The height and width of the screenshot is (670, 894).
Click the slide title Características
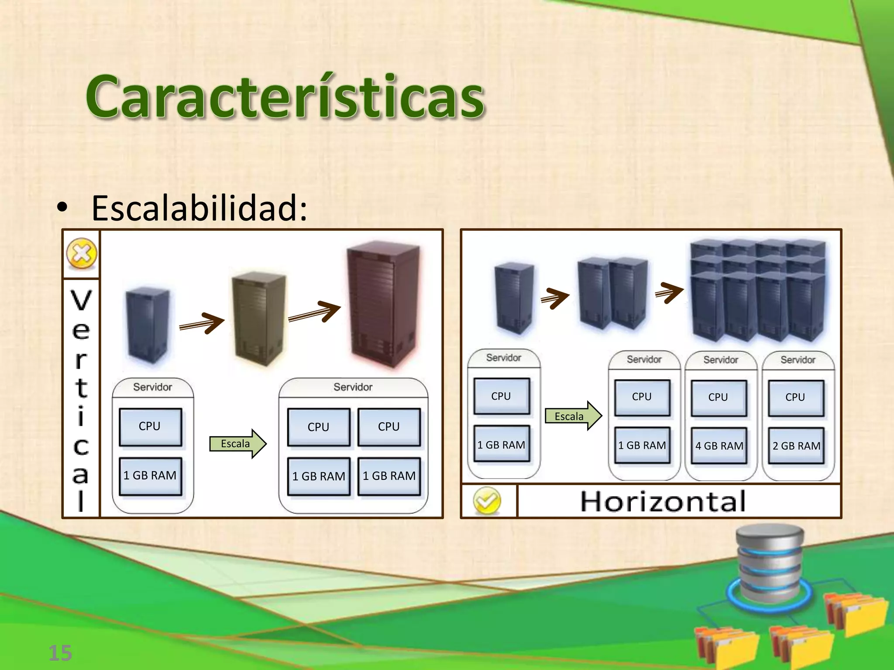pos(285,97)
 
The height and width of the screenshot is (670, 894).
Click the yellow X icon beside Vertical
pos(82,253)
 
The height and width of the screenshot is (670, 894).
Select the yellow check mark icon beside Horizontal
pos(487,501)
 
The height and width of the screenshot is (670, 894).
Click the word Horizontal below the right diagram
pos(663,502)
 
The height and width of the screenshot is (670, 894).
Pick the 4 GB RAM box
pos(719,446)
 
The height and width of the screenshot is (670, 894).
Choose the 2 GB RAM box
pos(796,446)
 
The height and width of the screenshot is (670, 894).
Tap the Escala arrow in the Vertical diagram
pos(237,444)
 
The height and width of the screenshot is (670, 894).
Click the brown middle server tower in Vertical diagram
pos(259,318)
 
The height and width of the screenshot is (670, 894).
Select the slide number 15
pos(60,653)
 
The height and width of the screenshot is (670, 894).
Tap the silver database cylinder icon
pos(769,563)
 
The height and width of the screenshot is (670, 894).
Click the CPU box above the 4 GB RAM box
pos(718,397)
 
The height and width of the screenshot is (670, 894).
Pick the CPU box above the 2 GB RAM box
pos(795,397)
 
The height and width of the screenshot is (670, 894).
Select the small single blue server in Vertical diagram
pos(147,325)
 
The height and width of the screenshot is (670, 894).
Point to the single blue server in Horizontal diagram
pos(514,297)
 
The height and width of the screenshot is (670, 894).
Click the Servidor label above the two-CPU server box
pos(353,387)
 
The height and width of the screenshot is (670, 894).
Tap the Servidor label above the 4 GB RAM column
pos(720,360)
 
